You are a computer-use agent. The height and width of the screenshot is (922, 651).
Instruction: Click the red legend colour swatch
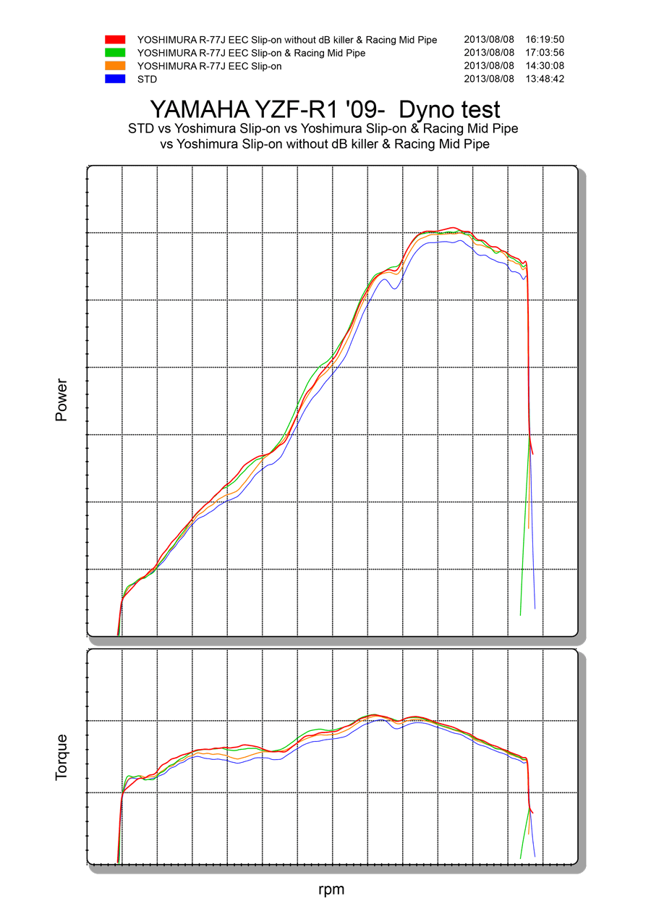click(x=116, y=40)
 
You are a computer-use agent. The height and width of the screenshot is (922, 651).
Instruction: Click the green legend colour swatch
click(x=116, y=53)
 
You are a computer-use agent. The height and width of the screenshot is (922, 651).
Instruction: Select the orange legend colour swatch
click(x=116, y=66)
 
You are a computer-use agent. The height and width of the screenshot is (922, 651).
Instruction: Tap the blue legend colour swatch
click(x=116, y=79)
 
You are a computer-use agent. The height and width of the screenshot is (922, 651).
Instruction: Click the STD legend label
click(x=147, y=79)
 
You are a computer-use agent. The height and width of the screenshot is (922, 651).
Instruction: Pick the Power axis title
click(x=61, y=399)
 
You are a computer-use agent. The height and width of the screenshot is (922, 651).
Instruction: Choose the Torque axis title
click(x=61, y=757)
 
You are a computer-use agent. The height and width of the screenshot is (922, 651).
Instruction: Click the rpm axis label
click(x=331, y=889)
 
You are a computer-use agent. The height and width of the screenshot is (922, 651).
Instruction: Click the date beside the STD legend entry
click(x=489, y=79)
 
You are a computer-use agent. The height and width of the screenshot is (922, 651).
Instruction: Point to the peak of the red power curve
click(x=453, y=227)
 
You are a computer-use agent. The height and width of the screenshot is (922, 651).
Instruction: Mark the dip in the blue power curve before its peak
click(x=394, y=289)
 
